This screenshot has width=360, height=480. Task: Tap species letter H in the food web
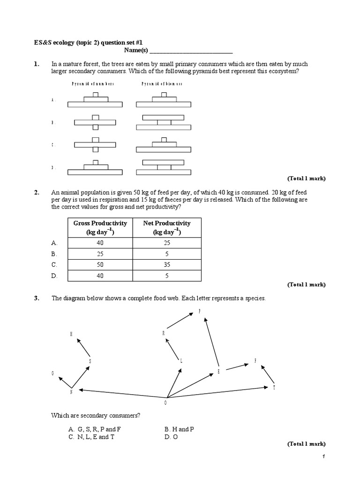tap(71, 334)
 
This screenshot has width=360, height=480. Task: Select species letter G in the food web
tap(53, 373)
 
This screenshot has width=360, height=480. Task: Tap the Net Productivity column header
tap(166, 228)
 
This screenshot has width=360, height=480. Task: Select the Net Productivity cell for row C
tap(166, 265)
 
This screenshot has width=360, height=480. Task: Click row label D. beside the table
tap(54, 276)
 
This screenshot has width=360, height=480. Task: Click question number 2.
tap(36, 193)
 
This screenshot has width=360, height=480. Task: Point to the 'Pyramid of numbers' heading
tap(92, 84)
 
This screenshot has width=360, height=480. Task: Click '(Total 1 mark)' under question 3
tap(306, 444)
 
